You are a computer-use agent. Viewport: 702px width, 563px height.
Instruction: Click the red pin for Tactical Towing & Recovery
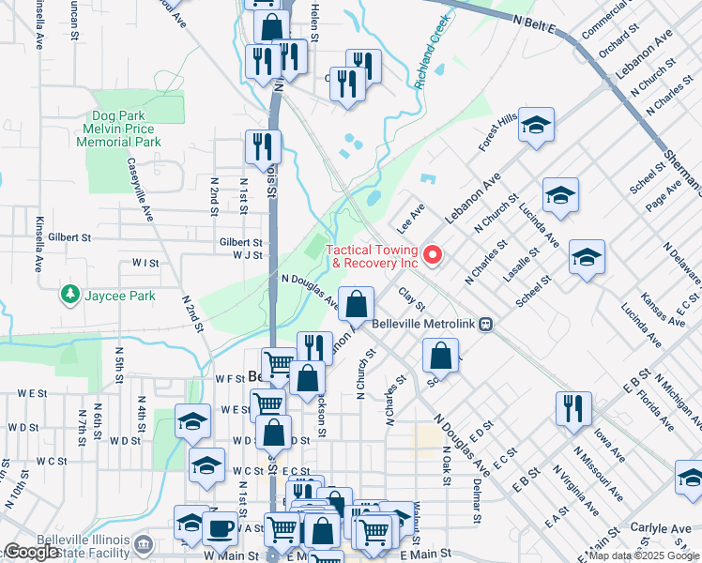tap(433, 254)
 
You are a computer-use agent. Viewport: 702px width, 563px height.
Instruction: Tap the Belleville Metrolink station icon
tap(485, 324)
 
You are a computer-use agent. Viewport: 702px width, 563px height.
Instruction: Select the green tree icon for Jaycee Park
tap(69, 295)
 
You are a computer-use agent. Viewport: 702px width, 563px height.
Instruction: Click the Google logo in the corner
tap(31, 552)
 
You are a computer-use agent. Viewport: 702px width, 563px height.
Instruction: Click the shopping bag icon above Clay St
tap(357, 303)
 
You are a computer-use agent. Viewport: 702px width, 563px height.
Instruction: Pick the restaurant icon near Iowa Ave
tap(572, 408)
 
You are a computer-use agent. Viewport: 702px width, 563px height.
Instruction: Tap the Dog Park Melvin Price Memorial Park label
tap(121, 129)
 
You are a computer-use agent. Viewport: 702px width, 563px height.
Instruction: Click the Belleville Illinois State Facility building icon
tap(143, 543)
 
